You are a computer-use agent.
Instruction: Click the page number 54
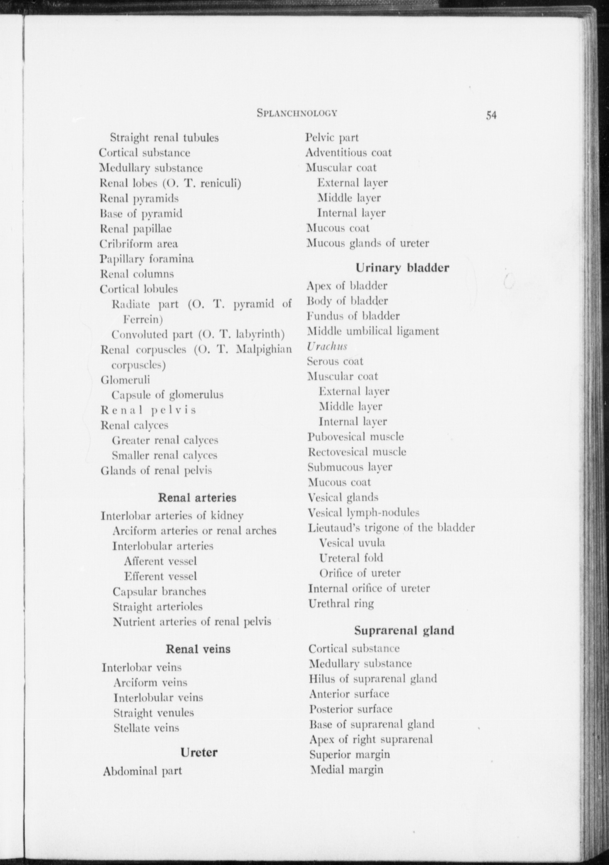click(x=491, y=115)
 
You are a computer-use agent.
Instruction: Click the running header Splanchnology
click(x=297, y=113)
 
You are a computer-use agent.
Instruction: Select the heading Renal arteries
click(x=197, y=497)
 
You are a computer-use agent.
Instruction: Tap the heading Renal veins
click(x=198, y=649)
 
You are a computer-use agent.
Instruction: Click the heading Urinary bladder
click(x=402, y=268)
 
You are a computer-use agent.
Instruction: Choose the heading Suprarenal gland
click(x=404, y=630)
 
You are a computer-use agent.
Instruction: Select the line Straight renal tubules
click(x=164, y=138)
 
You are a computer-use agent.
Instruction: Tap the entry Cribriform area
click(x=139, y=244)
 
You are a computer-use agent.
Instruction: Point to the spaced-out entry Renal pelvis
click(x=148, y=410)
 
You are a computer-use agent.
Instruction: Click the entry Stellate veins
click(x=146, y=728)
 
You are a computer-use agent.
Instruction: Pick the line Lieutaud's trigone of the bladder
click(x=391, y=528)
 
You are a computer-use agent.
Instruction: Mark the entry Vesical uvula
click(x=352, y=543)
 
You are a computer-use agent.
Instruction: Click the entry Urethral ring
click(x=341, y=603)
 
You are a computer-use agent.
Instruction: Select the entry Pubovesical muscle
click(x=355, y=437)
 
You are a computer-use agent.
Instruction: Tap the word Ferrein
click(x=142, y=319)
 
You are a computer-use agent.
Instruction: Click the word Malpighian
click(x=264, y=349)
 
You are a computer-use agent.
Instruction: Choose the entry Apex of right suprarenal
click(x=371, y=739)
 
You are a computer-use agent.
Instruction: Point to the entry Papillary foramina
click(x=147, y=259)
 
